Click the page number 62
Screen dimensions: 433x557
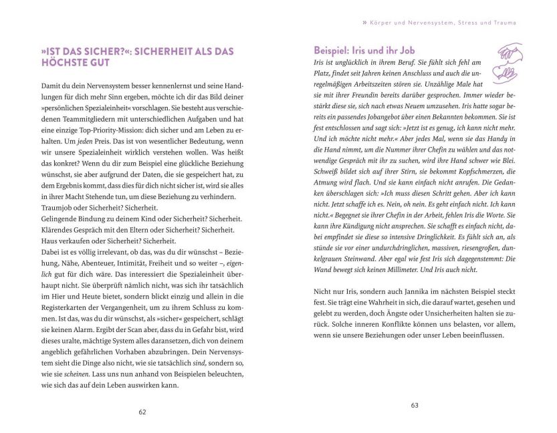[142, 412]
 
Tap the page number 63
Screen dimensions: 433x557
[414, 405]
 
